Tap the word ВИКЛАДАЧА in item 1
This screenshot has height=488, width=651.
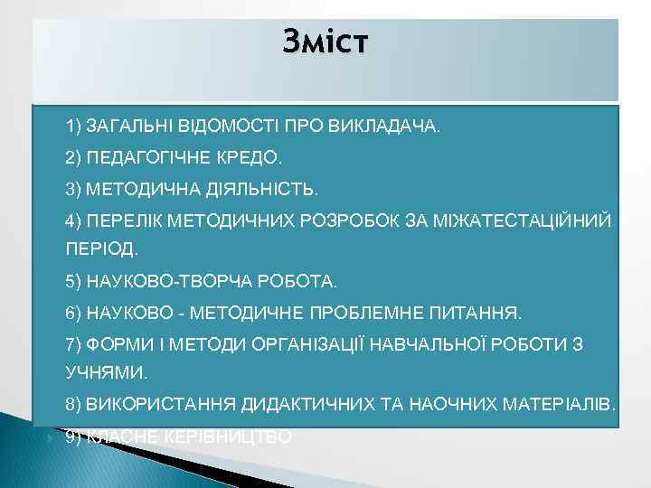click(x=392, y=125)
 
